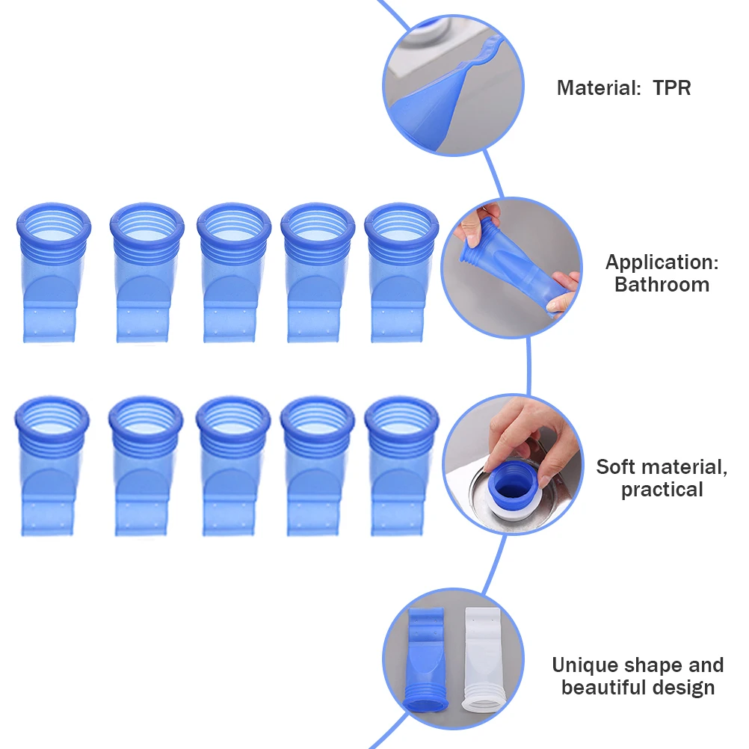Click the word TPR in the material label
point(671,87)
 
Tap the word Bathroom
point(662,284)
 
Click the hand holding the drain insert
point(523,434)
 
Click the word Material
point(594,87)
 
